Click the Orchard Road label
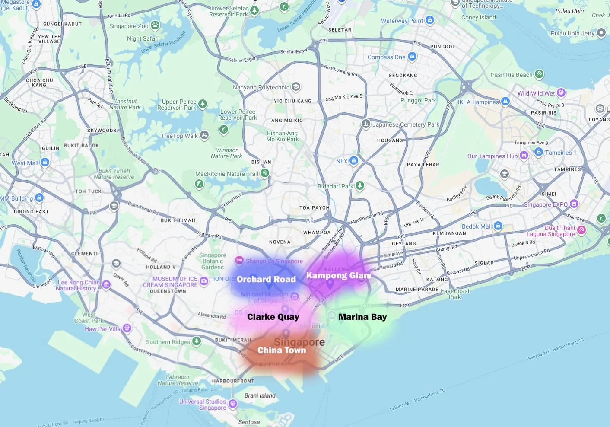click(x=266, y=279)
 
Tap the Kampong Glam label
click(x=338, y=275)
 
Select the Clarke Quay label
click(x=273, y=317)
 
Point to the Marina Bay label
click(x=362, y=317)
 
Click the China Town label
click(x=282, y=350)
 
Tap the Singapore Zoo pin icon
click(x=155, y=25)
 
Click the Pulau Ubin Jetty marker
click(x=601, y=33)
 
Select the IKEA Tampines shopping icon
click(x=505, y=102)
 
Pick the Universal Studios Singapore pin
click(x=233, y=404)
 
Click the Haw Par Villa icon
click(x=127, y=328)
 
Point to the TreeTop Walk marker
click(x=204, y=135)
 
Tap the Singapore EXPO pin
click(x=574, y=204)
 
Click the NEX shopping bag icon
click(x=354, y=161)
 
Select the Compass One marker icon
click(x=412, y=57)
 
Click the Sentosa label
click(x=249, y=422)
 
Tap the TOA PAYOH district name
click(x=315, y=208)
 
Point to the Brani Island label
click(x=260, y=395)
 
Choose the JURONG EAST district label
click(x=31, y=212)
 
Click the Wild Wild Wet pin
click(x=561, y=92)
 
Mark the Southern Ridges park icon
click(x=197, y=341)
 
